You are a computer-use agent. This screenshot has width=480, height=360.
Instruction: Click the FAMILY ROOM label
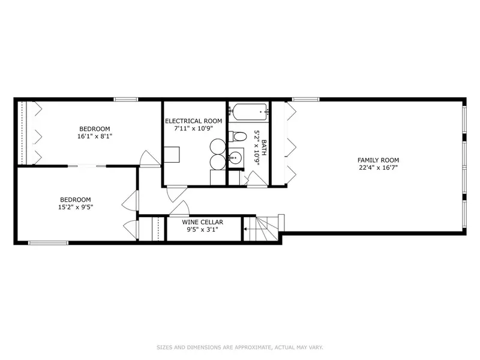point(378,160)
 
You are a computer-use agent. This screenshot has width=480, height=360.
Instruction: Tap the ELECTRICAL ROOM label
point(193,121)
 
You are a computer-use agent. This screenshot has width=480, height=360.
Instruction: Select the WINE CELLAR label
point(202,222)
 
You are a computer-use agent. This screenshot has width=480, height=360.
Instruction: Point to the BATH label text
point(264,148)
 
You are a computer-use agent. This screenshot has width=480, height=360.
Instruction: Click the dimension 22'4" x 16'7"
point(378,168)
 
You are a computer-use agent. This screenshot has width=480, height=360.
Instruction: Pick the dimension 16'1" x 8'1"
point(95,136)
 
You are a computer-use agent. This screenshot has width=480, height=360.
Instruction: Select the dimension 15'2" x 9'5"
point(76,207)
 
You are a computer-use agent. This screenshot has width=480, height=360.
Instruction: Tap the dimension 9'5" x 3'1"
point(202,230)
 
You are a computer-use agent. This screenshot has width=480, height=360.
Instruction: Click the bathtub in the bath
point(249,112)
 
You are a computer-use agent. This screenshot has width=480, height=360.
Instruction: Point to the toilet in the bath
point(238,136)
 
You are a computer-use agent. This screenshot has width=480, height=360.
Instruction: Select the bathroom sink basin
point(235,158)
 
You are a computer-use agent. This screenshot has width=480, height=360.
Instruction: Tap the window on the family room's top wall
point(306,99)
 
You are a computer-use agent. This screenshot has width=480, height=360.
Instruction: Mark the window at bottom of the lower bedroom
point(48,243)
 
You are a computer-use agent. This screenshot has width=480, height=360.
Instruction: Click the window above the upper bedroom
point(126,99)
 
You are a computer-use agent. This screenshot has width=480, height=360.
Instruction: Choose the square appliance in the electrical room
point(172,155)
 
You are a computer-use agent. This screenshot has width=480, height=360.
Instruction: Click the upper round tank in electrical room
point(218,146)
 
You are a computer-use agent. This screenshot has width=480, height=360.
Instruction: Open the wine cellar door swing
point(179,209)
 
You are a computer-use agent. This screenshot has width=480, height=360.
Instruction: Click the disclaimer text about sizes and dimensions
point(239,347)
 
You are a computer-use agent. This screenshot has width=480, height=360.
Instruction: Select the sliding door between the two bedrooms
point(86,166)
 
